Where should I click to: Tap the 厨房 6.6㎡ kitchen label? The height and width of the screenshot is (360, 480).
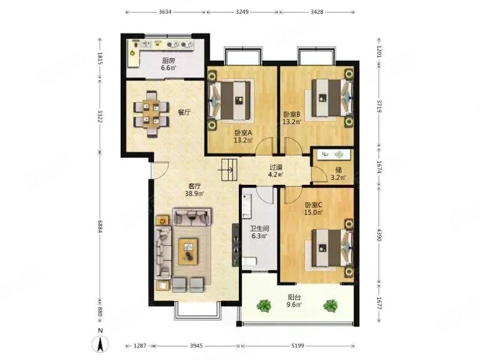(169, 64)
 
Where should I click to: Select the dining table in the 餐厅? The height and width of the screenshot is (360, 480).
(151, 113)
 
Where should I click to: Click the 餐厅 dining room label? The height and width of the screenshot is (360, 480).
(185, 112)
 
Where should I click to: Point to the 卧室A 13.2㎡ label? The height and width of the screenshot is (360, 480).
(244, 137)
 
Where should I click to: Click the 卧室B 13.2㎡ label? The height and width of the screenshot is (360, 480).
(292, 118)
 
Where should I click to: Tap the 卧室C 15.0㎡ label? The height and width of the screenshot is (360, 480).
(314, 209)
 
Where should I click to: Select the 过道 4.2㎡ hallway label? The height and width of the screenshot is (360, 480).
(276, 171)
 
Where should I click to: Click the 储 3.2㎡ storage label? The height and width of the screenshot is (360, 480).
(338, 173)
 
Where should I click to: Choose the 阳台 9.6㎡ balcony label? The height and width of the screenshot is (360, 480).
(294, 301)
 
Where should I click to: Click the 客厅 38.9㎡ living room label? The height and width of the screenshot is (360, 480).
(194, 190)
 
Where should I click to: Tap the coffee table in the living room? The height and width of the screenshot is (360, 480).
(188, 251)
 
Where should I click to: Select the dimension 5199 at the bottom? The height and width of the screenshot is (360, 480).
(298, 346)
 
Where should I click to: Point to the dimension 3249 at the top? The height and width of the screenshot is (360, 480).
(242, 12)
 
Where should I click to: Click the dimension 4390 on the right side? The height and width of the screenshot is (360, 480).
(379, 235)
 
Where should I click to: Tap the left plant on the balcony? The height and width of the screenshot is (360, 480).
(264, 305)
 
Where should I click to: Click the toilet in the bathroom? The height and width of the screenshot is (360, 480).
(248, 261)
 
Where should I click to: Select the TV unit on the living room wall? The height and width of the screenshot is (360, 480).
(235, 245)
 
